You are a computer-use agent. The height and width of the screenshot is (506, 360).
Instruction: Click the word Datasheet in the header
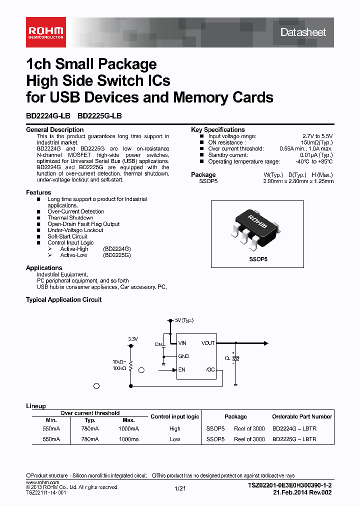[303, 32]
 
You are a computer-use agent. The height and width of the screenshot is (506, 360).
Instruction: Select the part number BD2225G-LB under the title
[99, 116]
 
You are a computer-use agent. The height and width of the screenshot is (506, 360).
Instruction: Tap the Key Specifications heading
[217, 129]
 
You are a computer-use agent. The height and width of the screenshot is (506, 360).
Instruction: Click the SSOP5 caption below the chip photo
[258, 259]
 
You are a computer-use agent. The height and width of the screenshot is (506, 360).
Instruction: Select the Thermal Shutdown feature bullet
[70, 218]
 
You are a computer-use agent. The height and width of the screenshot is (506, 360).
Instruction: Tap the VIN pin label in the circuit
[182, 343]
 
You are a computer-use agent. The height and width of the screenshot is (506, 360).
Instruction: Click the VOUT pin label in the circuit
[208, 343]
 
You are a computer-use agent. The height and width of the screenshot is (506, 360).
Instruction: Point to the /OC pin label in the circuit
[209, 370]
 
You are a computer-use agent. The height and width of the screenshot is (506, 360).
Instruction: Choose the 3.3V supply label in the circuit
[132, 339]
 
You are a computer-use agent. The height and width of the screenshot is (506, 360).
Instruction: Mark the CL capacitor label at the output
[227, 358]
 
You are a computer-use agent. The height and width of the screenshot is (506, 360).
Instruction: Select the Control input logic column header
[175, 416]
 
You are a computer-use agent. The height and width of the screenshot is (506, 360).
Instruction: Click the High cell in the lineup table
[175, 429]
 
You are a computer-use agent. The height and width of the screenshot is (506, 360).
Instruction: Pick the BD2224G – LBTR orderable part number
[294, 429]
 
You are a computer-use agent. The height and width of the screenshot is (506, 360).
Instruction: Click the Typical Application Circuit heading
[63, 299]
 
